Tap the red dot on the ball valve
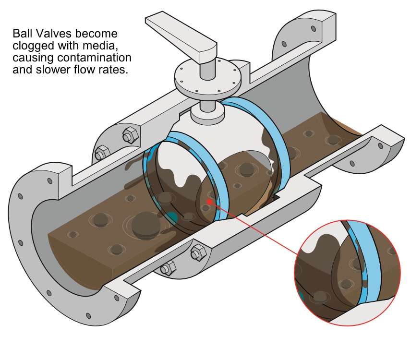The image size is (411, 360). [209, 202]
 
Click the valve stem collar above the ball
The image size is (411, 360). [207, 113]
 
